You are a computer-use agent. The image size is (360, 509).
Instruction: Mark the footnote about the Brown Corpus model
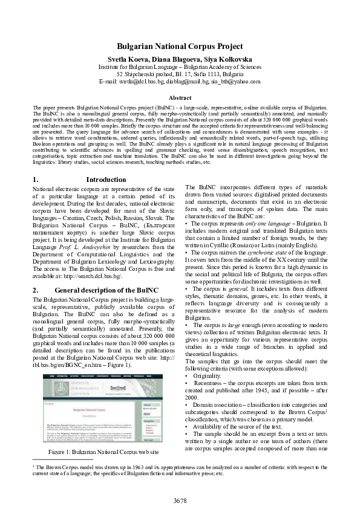tap(180, 470)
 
